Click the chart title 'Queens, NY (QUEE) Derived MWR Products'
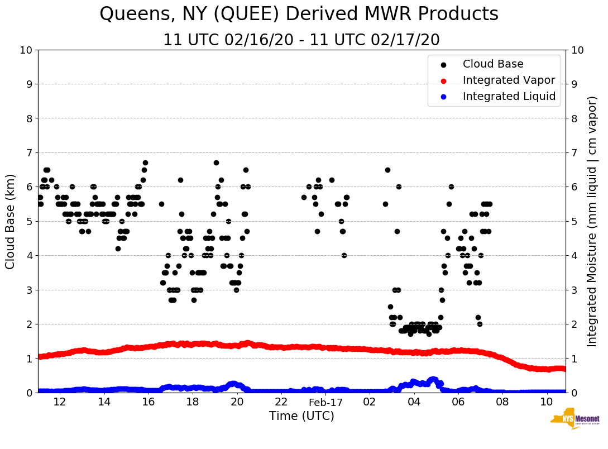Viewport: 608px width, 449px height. click(x=299, y=15)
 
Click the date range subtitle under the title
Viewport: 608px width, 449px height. click(x=301, y=40)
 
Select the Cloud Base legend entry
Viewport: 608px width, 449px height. click(x=493, y=64)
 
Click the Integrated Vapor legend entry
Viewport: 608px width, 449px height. click(x=509, y=80)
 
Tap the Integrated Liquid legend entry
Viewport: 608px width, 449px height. click(x=509, y=97)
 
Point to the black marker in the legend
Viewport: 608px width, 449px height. click(x=443, y=65)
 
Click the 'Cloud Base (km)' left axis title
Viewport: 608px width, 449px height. click(x=11, y=221)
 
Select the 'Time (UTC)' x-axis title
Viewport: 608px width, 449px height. click(x=301, y=416)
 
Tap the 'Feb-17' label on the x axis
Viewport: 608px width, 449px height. click(x=325, y=402)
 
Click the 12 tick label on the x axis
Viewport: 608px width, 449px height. click(x=60, y=402)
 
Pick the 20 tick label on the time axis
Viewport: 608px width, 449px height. click(x=237, y=402)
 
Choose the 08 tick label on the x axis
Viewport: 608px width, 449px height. click(x=502, y=402)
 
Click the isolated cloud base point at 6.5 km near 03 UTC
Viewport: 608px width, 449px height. click(x=387, y=170)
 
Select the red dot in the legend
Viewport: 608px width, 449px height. click(x=443, y=81)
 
